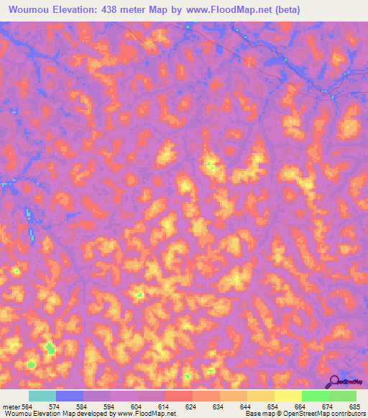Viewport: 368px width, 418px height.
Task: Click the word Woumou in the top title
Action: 29,10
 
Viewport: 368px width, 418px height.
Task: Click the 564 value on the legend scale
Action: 28,406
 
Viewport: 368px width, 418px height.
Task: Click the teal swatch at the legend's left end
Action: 42,396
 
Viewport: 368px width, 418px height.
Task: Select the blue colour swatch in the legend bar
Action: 70,396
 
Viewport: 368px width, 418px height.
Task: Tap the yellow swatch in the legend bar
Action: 288,396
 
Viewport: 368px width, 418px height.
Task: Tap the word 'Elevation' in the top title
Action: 77,10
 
